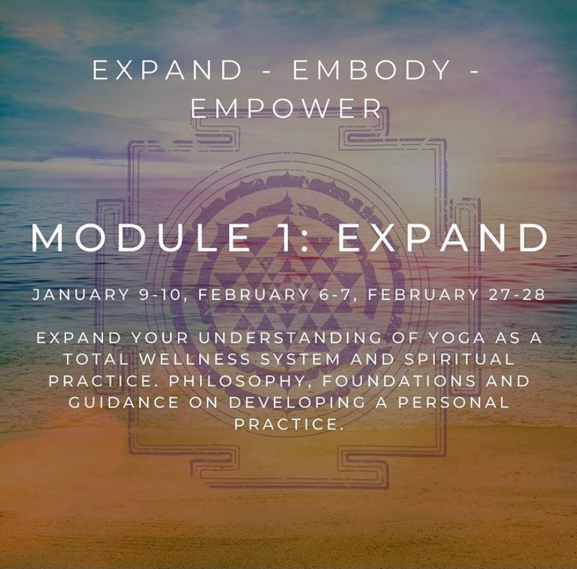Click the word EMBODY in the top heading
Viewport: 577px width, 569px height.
(x=371, y=70)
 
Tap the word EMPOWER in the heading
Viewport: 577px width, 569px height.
(x=286, y=108)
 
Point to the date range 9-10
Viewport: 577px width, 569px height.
(x=161, y=295)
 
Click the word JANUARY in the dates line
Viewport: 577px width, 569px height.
(x=81, y=295)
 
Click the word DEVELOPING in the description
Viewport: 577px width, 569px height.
(x=297, y=403)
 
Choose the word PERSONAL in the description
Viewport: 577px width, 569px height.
(x=454, y=403)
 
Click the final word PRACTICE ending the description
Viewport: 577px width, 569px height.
(x=286, y=424)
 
